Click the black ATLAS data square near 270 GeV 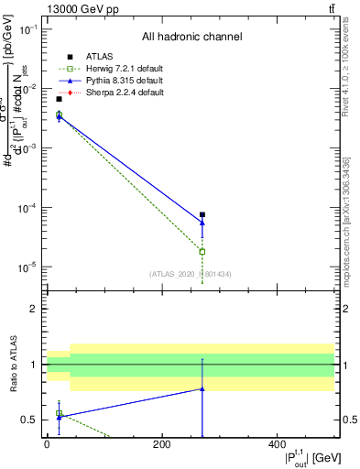tap(202, 214)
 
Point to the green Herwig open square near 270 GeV tap(202, 251)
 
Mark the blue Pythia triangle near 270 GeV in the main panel tap(202, 223)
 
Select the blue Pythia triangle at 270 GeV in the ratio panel tap(202, 389)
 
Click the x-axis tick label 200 tap(161, 444)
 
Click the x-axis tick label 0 tap(47, 444)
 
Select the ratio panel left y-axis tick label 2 tap(34, 310)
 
